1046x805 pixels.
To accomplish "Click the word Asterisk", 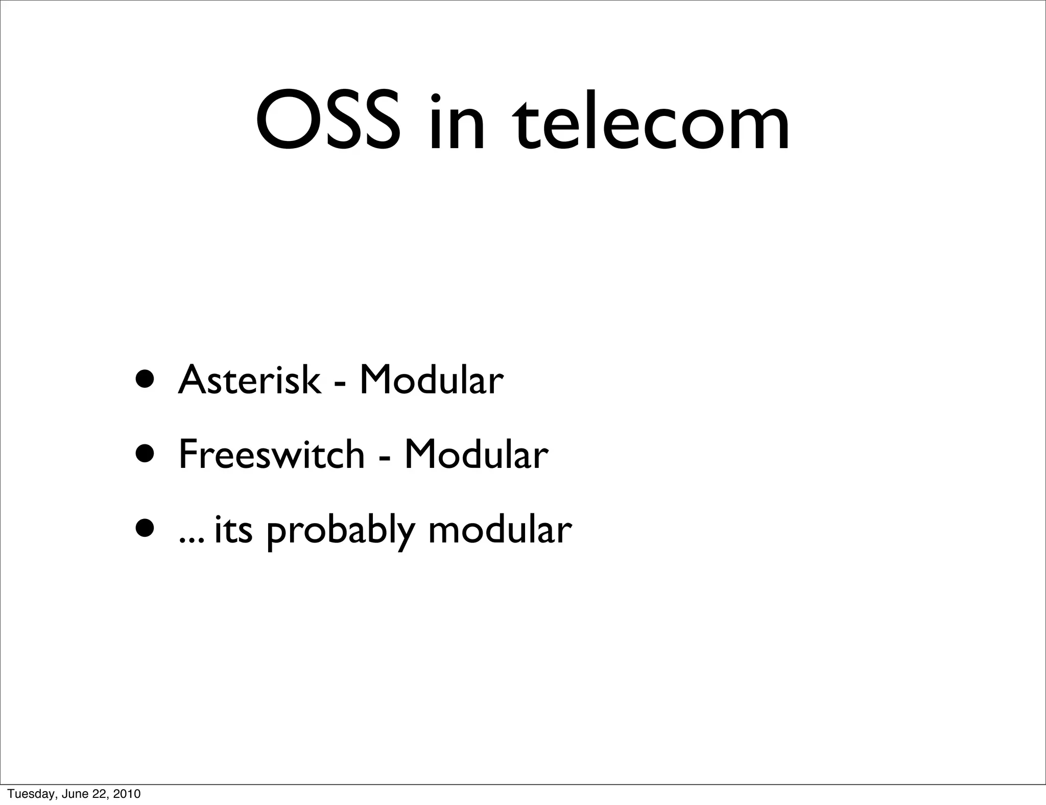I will coord(250,380).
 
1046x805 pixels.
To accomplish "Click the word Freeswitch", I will coord(272,455).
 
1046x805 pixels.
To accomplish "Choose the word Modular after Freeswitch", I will coord(476,455).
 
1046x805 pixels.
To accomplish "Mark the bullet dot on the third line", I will coord(146,529).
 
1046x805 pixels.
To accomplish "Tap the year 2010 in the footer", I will coord(127,794).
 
